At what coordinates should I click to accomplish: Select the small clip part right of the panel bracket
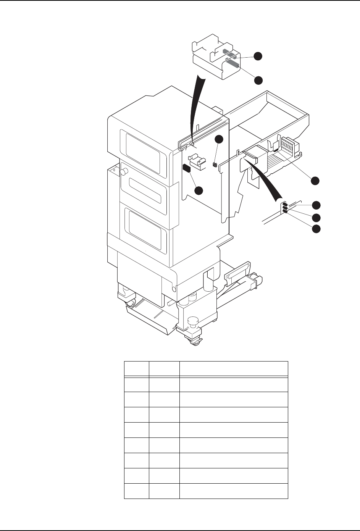click(214, 165)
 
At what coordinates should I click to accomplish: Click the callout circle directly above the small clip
click(218, 139)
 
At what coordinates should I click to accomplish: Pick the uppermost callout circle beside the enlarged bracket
click(258, 56)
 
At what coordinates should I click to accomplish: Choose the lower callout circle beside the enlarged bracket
click(258, 80)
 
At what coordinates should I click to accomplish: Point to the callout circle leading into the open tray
click(315, 181)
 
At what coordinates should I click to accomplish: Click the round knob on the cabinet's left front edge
click(124, 172)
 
